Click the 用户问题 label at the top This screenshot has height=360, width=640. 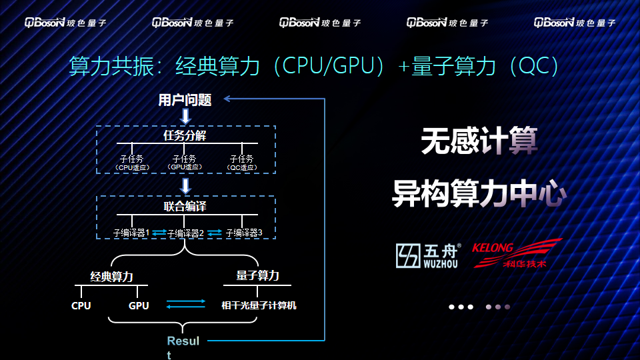(x=185, y=101)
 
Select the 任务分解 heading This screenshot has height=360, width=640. (x=185, y=136)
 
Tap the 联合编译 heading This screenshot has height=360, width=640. (x=185, y=207)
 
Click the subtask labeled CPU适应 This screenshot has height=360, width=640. (x=131, y=163)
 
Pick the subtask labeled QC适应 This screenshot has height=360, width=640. (x=241, y=163)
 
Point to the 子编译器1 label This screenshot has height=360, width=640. (x=131, y=233)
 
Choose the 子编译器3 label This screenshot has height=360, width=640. (x=244, y=233)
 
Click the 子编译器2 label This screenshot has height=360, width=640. (x=185, y=233)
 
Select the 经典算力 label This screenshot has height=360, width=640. (x=112, y=276)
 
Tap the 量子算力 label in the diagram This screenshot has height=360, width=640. (x=257, y=275)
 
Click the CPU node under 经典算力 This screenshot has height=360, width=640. (x=81, y=306)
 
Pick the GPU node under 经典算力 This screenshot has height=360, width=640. (x=139, y=306)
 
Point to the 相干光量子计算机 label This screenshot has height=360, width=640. (x=259, y=306)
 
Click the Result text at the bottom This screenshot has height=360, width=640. (x=183, y=341)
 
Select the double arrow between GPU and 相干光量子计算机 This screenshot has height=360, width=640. (x=185, y=304)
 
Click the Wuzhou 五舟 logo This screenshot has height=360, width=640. (x=428, y=255)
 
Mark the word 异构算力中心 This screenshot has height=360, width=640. (x=479, y=193)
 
